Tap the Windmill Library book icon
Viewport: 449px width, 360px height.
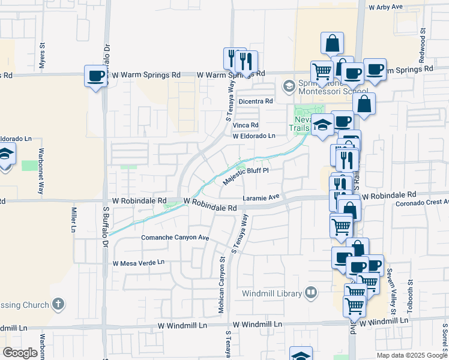click(311, 293)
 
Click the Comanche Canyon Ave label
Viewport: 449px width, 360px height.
click(175, 238)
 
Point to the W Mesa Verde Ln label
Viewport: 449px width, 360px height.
click(138, 263)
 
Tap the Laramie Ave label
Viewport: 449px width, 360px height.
click(261, 197)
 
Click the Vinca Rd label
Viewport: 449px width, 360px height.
click(246, 125)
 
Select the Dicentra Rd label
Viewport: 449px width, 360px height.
click(256, 101)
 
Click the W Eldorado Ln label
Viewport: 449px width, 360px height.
click(254, 136)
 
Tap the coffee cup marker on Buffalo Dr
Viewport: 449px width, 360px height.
click(95, 76)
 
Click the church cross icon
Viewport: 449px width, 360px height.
click(58, 304)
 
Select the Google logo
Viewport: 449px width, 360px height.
click(20, 353)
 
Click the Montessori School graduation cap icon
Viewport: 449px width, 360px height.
click(289, 86)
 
